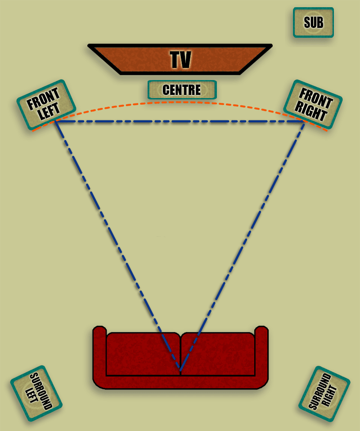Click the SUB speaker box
pyautogui.click(x=313, y=22)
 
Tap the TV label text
pyautogui.click(x=180, y=60)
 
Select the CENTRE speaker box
pyautogui.click(x=182, y=90)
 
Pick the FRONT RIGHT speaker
pyautogui.click(x=313, y=104)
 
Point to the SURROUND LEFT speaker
pyautogui.click(x=36, y=393)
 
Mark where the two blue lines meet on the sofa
pyautogui.click(x=180, y=370)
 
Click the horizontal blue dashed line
pyautogui.click(x=180, y=121)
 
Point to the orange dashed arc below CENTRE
pyautogui.click(x=180, y=103)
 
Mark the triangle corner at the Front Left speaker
pyautogui.click(x=55, y=121)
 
